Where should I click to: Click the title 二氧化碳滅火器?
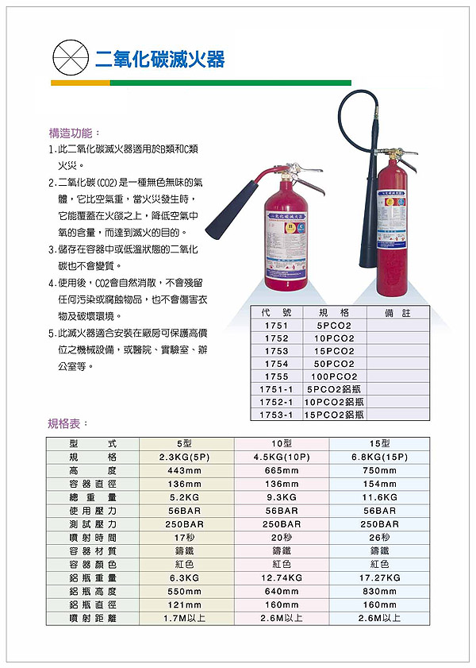(x=159, y=59)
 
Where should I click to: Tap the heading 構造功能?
(x=75, y=133)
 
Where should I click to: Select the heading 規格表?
(x=69, y=423)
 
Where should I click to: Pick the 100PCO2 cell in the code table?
(x=334, y=376)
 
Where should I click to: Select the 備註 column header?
(x=396, y=313)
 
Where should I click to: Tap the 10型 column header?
(x=282, y=443)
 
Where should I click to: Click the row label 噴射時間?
(x=93, y=537)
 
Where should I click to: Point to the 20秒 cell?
(x=282, y=537)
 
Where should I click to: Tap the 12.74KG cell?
(x=282, y=577)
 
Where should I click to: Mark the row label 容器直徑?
(x=93, y=484)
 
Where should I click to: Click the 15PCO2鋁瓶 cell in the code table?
(x=334, y=415)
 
